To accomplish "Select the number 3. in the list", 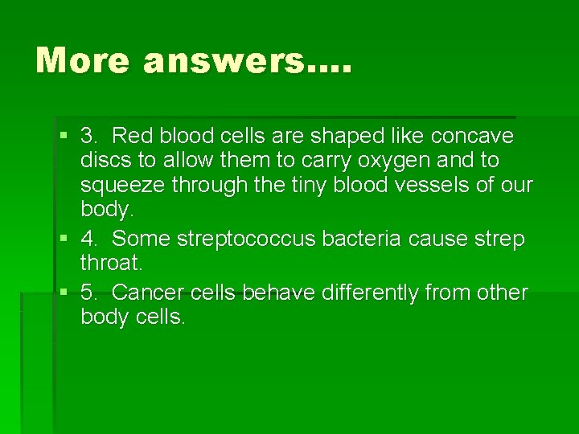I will pyautogui.click(x=90, y=136).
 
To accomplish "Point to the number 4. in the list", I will pyautogui.click(x=90, y=239).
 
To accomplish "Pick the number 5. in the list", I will pyautogui.click(x=90, y=293).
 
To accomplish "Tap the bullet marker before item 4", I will pyautogui.click(x=65, y=240).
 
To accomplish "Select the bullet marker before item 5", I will pyautogui.click(x=65, y=293).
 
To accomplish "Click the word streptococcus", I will pyautogui.click(x=261, y=239).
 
